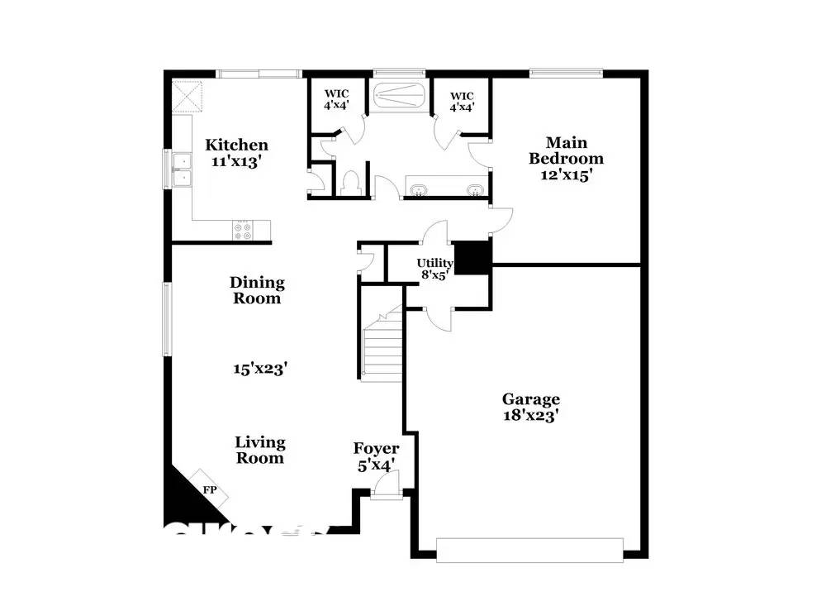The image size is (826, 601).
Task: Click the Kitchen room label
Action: tap(236, 145)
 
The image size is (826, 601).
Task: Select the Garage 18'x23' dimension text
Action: tap(532, 417)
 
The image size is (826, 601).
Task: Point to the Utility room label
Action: tap(434, 263)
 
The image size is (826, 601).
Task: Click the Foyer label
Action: tap(376, 449)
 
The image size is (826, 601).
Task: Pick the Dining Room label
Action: tap(256, 290)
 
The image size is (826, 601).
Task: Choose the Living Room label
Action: tap(260, 450)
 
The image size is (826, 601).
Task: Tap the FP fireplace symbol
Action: tap(211, 489)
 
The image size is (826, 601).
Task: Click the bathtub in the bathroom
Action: tap(399, 95)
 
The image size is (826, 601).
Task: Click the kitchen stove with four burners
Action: tap(244, 231)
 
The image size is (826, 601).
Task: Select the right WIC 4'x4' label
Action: tap(461, 100)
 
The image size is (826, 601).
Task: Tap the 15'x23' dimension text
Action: tap(259, 370)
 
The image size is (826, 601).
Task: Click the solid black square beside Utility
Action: tap(473, 257)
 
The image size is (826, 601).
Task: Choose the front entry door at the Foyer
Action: tap(384, 494)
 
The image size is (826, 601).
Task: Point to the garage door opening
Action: tap(529, 550)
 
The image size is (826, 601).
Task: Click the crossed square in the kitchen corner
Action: tap(187, 97)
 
